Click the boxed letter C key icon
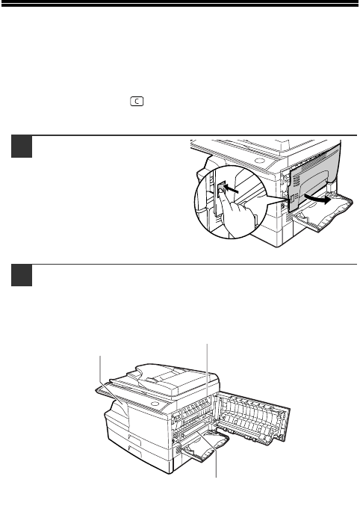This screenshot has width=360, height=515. click(137, 102)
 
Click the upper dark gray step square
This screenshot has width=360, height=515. click(22, 147)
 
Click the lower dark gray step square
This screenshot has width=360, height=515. click(22, 275)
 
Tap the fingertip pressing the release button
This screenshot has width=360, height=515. click(221, 190)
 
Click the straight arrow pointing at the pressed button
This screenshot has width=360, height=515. click(232, 190)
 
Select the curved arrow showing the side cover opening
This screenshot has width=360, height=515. click(317, 199)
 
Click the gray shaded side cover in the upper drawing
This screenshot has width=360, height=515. click(314, 177)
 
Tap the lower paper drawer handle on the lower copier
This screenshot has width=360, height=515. click(135, 452)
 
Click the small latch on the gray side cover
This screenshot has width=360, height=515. click(291, 200)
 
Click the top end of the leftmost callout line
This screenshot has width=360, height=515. click(100, 356)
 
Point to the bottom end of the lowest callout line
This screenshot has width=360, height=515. click(217, 478)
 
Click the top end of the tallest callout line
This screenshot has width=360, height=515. click(207, 344)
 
